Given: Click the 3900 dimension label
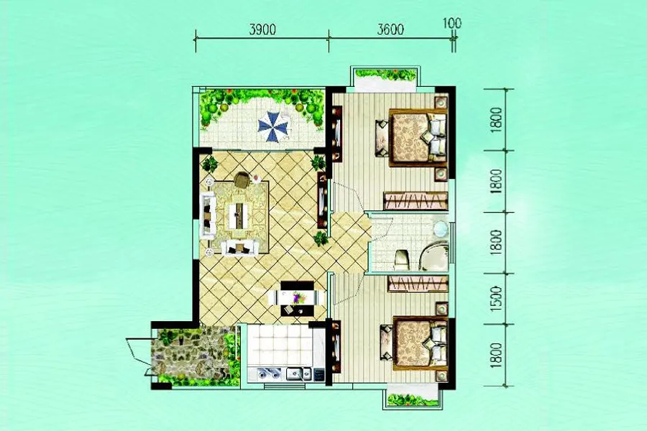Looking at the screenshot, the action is (262, 29).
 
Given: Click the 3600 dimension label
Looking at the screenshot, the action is (390, 29).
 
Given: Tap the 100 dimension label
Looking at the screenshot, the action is (452, 23).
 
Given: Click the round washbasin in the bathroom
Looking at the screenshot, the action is (440, 228).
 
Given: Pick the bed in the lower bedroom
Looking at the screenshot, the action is (418, 343).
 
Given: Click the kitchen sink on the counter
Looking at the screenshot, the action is (298, 374).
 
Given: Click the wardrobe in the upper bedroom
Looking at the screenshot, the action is (416, 201).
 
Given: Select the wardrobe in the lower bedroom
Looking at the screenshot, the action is (418, 284).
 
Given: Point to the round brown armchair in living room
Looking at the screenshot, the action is (242, 180).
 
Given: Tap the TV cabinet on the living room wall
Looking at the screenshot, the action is (322, 200).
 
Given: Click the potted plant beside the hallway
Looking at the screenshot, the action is (320, 238).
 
